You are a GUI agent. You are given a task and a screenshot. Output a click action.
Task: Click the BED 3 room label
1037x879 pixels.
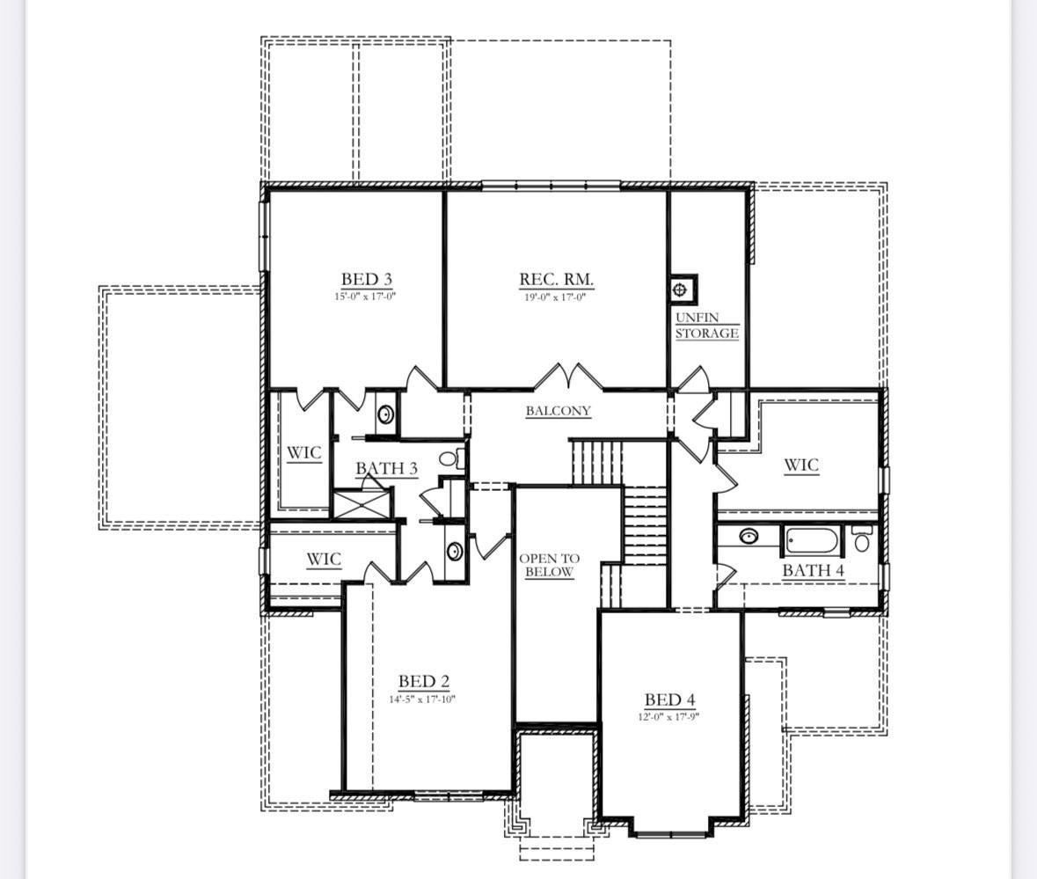[366, 280]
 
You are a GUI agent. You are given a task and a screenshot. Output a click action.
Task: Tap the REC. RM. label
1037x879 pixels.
[556, 280]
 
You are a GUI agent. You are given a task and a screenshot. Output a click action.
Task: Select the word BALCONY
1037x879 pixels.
[558, 411]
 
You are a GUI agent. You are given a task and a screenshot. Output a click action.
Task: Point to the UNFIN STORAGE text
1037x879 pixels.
[706, 326]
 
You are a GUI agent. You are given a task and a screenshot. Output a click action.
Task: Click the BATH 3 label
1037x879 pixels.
[386, 468]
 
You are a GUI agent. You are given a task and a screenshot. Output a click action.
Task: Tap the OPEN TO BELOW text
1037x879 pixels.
[550, 565]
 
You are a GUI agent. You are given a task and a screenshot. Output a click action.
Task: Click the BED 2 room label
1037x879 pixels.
[423, 681]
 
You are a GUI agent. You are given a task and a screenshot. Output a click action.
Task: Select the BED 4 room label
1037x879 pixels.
[669, 700]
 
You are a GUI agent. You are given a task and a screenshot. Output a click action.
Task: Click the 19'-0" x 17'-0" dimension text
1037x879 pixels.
[556, 297]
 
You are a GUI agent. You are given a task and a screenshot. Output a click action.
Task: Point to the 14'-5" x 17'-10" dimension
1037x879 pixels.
[423, 700]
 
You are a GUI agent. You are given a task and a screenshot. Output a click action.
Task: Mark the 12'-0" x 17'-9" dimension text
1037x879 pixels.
[669, 716]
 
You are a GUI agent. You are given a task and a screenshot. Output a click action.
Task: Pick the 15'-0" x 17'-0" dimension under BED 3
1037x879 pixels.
[366, 297]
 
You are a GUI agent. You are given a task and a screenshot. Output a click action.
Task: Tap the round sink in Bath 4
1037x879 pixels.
[749, 536]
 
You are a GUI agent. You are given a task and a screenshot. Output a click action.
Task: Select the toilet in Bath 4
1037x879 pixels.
[862, 538]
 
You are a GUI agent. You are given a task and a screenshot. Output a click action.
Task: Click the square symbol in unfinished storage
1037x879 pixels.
[681, 289]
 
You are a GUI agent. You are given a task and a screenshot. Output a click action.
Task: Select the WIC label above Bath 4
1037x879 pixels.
[800, 465]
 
